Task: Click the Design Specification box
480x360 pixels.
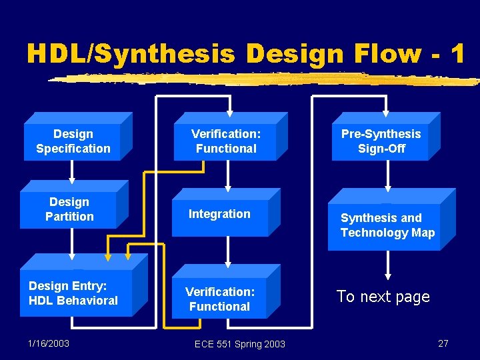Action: coord(73,141)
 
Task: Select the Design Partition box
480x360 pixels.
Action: coord(69,209)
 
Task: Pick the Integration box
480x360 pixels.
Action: coord(220,215)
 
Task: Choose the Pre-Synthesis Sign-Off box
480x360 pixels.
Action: coord(381,141)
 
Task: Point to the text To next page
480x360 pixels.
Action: coord(383,297)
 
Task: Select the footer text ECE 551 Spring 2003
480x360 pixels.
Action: coord(239,344)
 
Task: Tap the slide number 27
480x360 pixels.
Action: coord(443,343)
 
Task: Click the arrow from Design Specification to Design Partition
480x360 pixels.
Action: coord(72,171)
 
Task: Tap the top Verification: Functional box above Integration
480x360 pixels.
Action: coord(226,141)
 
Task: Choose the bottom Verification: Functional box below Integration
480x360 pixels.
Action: coord(219,299)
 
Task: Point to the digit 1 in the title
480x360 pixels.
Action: coord(457,53)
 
